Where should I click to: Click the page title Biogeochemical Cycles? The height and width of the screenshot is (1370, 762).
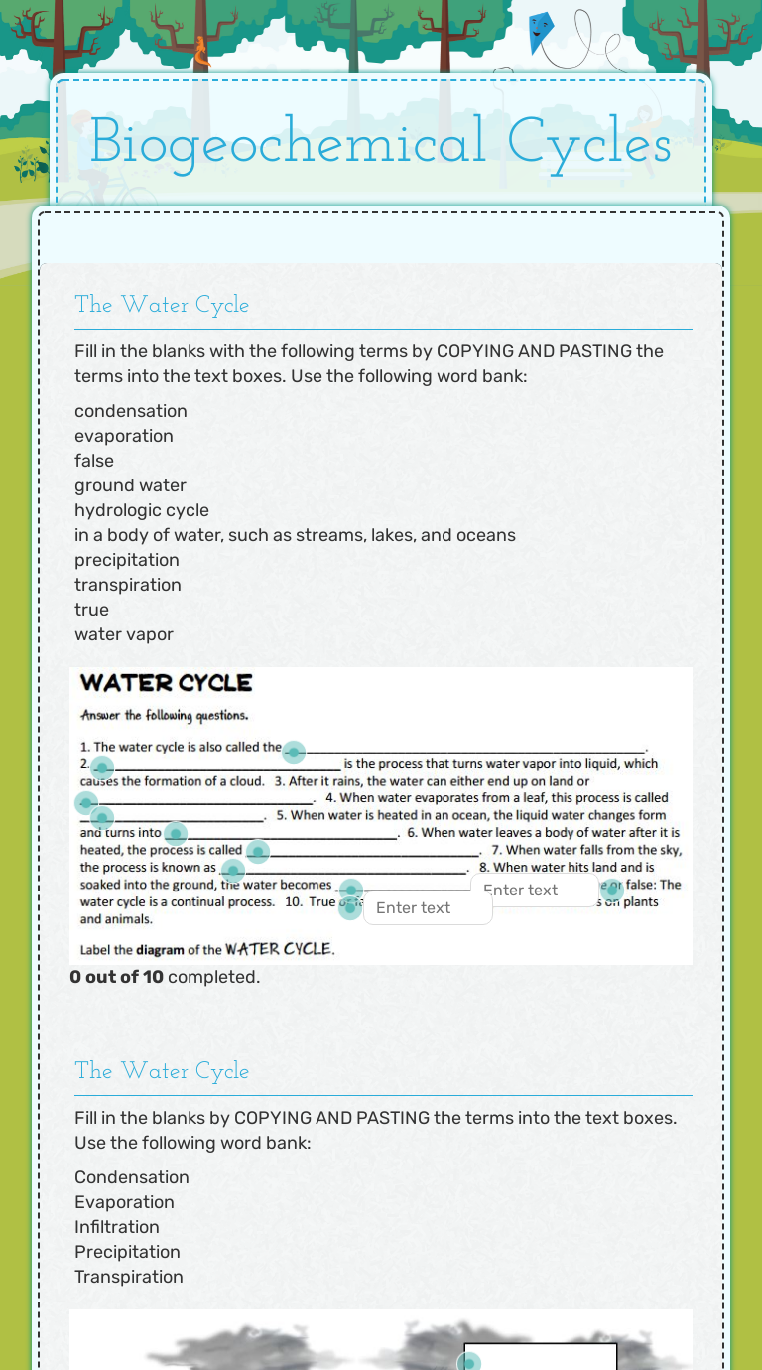click(x=380, y=142)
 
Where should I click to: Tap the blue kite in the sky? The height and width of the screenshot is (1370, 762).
click(x=541, y=32)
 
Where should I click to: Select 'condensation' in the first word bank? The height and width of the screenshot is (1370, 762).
click(x=130, y=411)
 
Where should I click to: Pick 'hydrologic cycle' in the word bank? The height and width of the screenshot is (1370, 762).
click(x=142, y=510)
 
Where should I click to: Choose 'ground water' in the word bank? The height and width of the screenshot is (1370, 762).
click(x=130, y=485)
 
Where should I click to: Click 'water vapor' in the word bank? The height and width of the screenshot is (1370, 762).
click(x=124, y=634)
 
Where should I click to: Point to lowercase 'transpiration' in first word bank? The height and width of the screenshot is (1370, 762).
click(x=128, y=585)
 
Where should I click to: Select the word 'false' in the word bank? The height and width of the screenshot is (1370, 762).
click(x=94, y=461)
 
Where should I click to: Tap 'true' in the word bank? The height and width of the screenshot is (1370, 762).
click(x=91, y=610)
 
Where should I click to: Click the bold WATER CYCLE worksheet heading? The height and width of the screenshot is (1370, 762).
click(x=166, y=683)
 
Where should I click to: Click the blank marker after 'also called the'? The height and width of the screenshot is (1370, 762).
click(x=294, y=752)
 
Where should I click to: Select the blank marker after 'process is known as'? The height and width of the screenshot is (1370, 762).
click(x=233, y=871)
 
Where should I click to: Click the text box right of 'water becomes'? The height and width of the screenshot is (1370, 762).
click(x=534, y=890)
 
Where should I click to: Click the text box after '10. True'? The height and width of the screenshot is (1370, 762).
click(x=428, y=908)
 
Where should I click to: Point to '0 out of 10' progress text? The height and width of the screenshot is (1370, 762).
click(x=116, y=977)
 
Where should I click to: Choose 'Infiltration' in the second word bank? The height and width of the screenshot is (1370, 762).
click(x=117, y=1227)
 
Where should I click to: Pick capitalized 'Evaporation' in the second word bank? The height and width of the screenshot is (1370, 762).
click(x=124, y=1202)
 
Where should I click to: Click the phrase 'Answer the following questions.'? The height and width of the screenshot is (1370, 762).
click(x=165, y=715)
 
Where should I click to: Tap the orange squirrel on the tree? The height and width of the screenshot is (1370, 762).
click(x=202, y=52)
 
